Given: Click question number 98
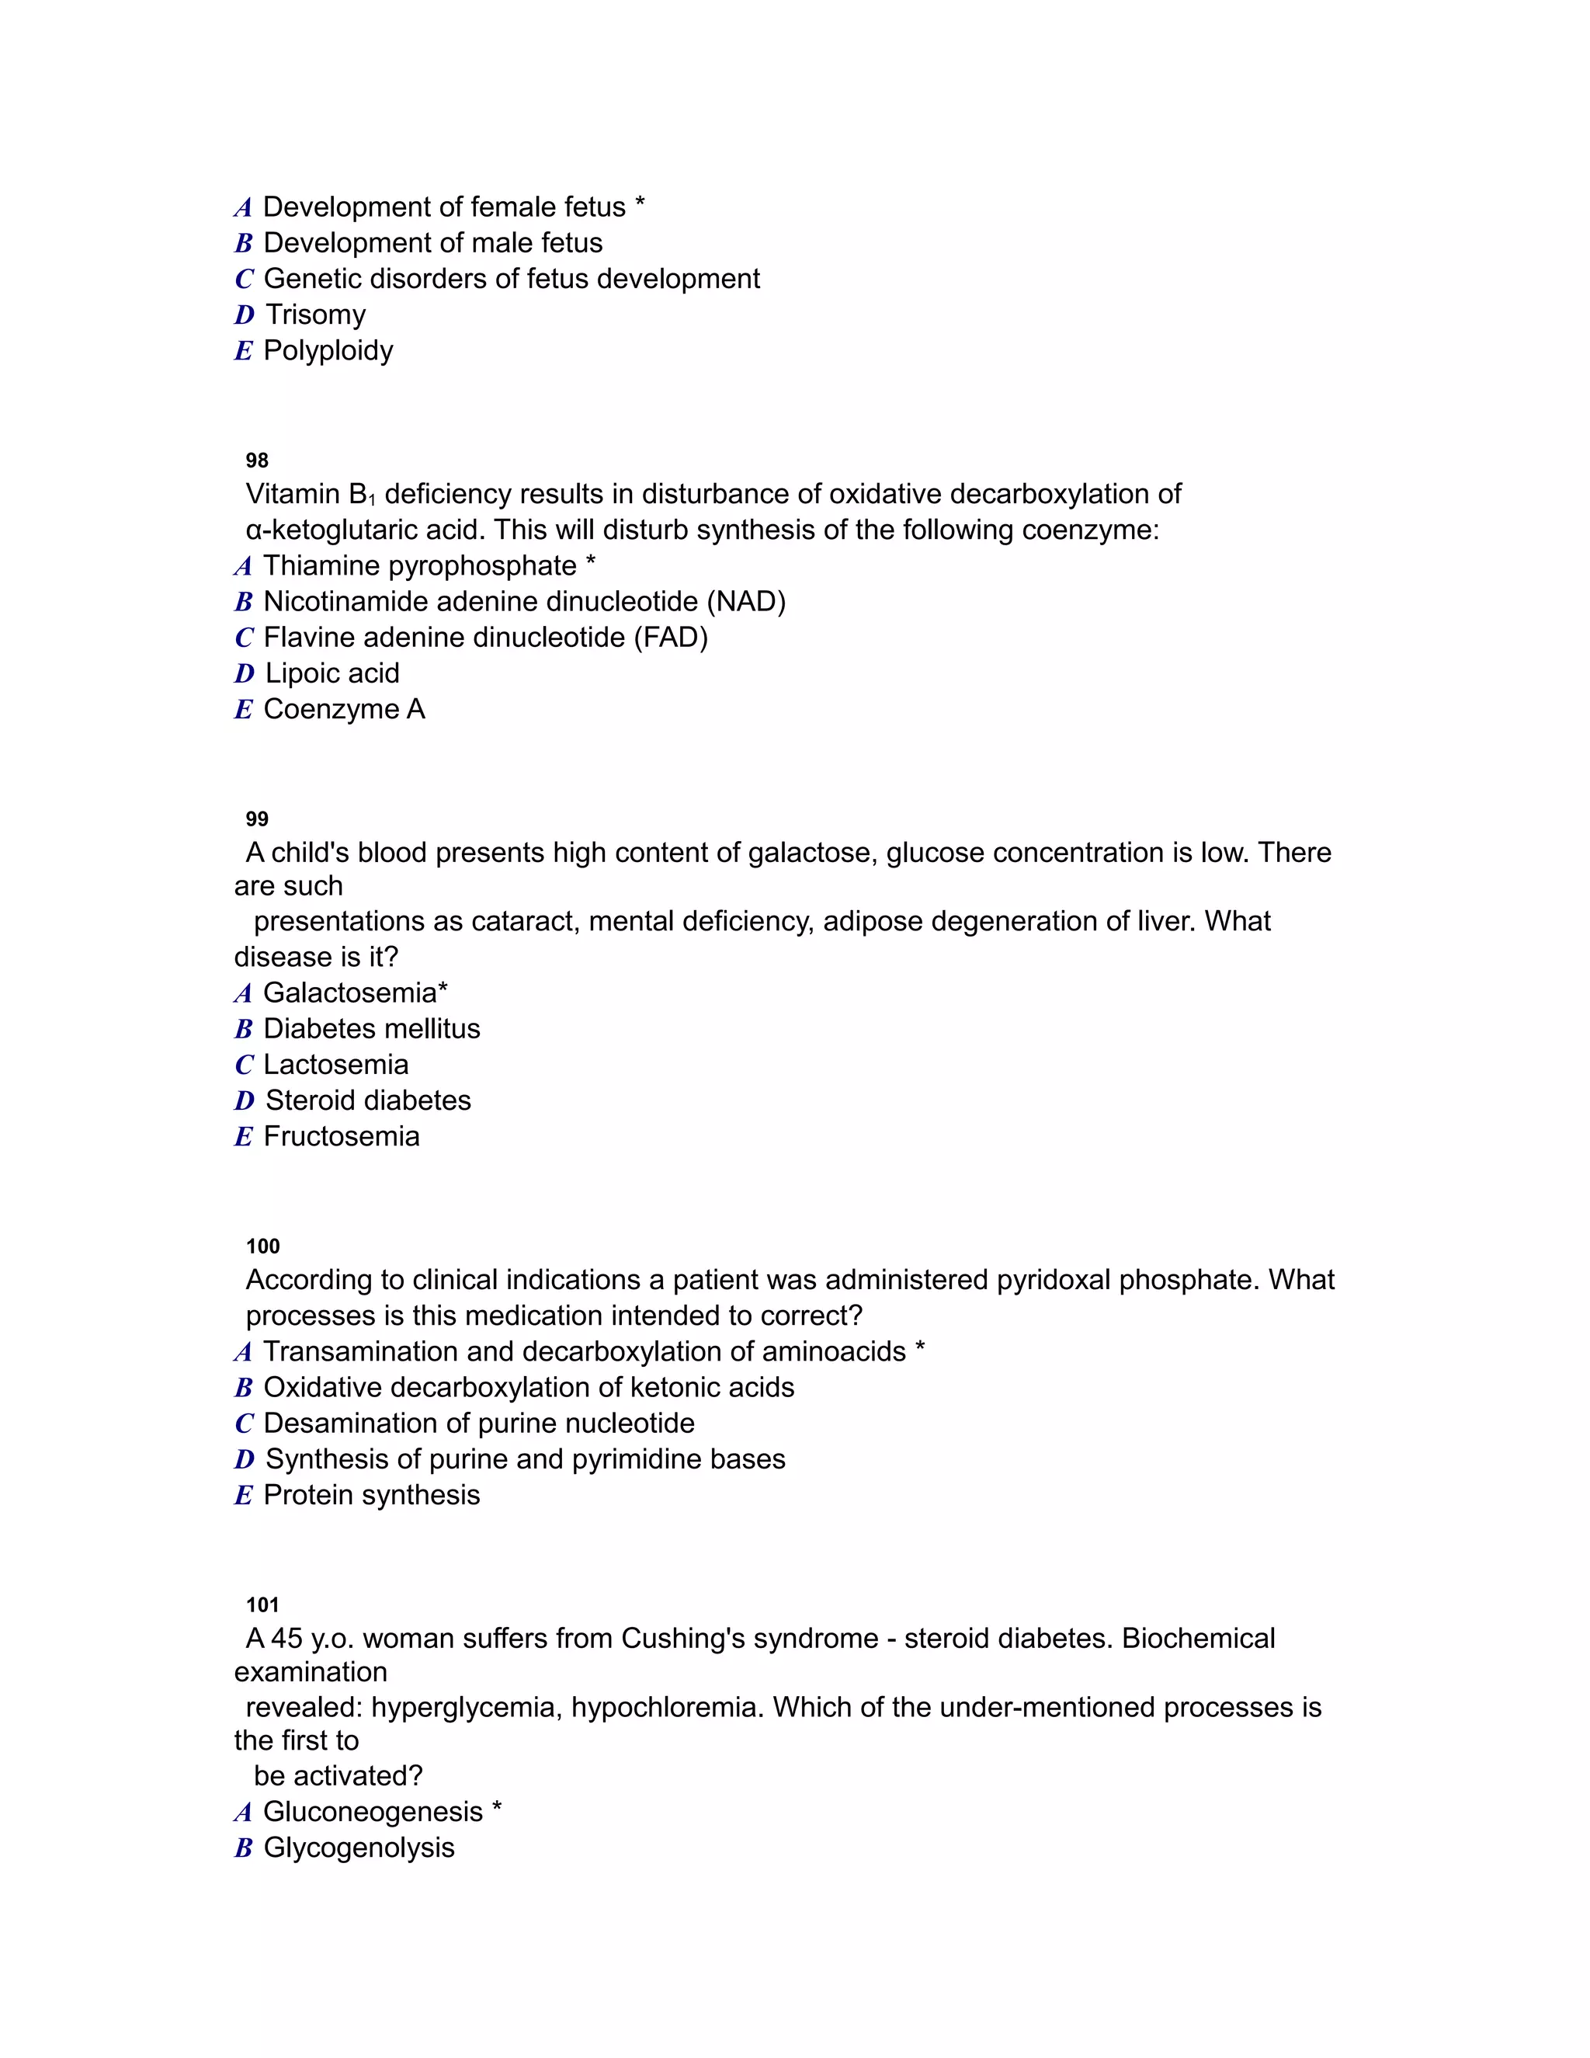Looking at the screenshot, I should pos(257,461).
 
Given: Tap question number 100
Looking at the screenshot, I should pos(263,1246).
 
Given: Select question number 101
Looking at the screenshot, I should pos(263,1604).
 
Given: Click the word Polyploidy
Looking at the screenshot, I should pos(328,350).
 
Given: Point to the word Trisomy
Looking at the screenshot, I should pos(315,315).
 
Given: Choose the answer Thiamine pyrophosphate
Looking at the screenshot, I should pos(419,566).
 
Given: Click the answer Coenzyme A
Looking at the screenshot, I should pos(344,710).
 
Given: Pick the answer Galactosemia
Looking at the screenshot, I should pos(349,993).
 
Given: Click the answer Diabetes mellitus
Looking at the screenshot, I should pos(371,1029).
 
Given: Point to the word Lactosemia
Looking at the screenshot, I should pos(335,1065).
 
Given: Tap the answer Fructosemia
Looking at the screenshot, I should pos(341,1136).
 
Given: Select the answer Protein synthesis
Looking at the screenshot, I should pos(371,1496).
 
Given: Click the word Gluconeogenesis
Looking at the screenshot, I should pos(372,1812).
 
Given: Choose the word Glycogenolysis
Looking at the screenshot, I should pos(359,1848).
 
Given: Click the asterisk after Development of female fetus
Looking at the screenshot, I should pos(641,204).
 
